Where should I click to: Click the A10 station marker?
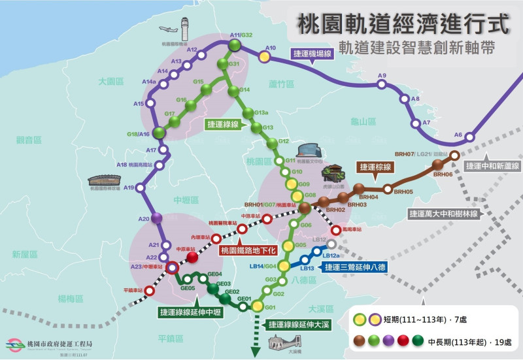pyautogui.click(x=264, y=57)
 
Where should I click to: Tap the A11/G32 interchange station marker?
pyautogui.click(x=235, y=45)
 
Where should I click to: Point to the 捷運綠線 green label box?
pyautogui.click(x=224, y=123)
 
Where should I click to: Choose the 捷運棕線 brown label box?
pyautogui.click(x=375, y=167)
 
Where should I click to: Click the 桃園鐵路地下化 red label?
pyautogui.click(x=248, y=250)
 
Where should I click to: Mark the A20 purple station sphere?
pyautogui.click(x=156, y=218)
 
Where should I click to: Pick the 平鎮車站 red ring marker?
pyautogui.click(x=150, y=291)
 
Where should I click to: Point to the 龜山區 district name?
pyautogui.click(x=363, y=122)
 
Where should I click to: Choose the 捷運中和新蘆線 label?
pyautogui.click(x=491, y=166)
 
